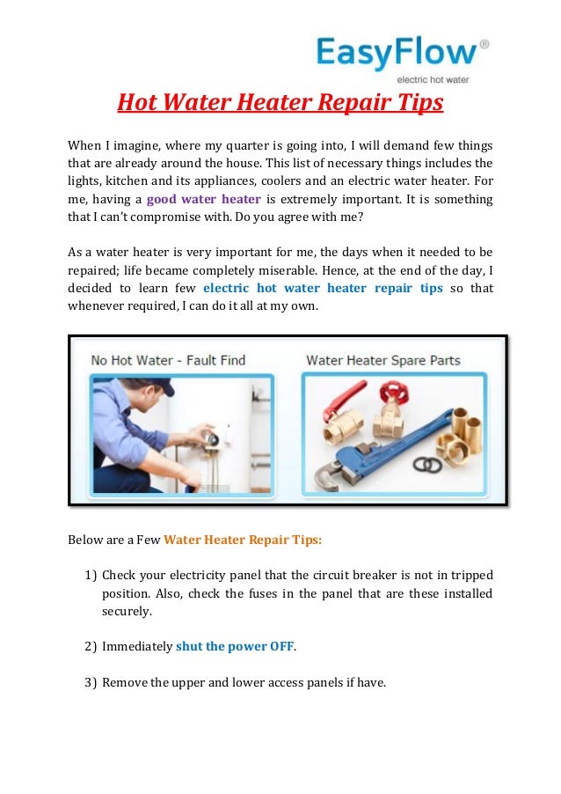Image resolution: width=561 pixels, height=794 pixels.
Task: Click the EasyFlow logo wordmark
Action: click(x=396, y=52)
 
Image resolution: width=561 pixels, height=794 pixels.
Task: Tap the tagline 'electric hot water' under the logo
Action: click(x=433, y=79)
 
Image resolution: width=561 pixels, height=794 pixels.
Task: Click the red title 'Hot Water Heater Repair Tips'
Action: click(x=280, y=102)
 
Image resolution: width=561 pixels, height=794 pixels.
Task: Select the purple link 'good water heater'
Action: click(x=204, y=199)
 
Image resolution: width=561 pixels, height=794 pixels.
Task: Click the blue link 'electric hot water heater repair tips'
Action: click(x=323, y=288)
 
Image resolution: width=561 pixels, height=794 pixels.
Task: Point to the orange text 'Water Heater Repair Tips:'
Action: click(x=243, y=540)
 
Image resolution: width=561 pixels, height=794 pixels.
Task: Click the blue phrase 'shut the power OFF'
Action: click(x=235, y=647)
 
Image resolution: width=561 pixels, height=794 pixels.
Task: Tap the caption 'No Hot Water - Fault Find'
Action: click(x=168, y=361)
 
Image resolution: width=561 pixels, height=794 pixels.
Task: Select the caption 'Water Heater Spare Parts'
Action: click(x=382, y=361)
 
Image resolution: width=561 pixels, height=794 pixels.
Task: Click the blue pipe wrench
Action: click(x=384, y=445)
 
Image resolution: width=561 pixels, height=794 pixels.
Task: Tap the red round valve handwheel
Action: click(x=394, y=392)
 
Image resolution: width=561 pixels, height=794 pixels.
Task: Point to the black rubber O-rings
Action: click(x=427, y=464)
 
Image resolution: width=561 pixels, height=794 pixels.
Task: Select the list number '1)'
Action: click(x=91, y=575)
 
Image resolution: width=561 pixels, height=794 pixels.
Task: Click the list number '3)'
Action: click(x=91, y=682)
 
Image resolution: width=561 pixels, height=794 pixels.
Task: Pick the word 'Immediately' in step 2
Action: click(x=137, y=647)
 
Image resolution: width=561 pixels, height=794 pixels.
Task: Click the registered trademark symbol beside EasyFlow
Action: click(x=484, y=45)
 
